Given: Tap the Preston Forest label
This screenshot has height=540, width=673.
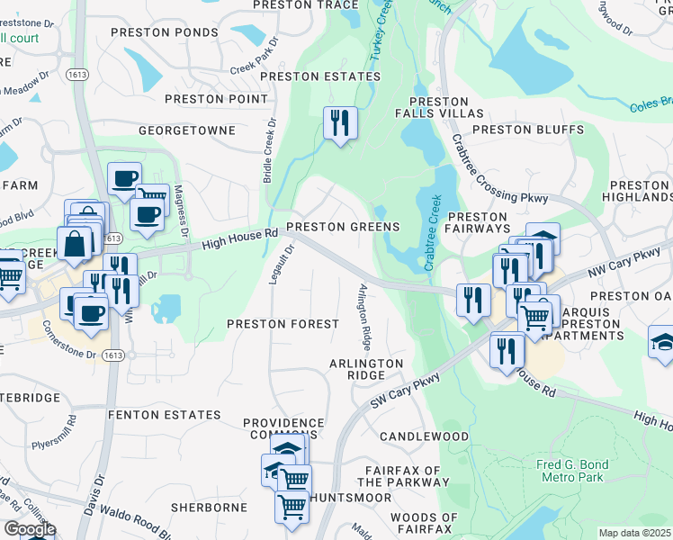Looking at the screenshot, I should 283,323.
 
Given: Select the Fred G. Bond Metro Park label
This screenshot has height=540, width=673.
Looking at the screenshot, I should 572,471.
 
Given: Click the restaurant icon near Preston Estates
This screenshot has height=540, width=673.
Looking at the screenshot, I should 340,123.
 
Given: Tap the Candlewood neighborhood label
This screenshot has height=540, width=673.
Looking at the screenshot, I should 424,436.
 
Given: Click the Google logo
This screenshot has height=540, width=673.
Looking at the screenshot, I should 29,529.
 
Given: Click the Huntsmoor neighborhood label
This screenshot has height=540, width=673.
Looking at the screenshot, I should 351,497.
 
